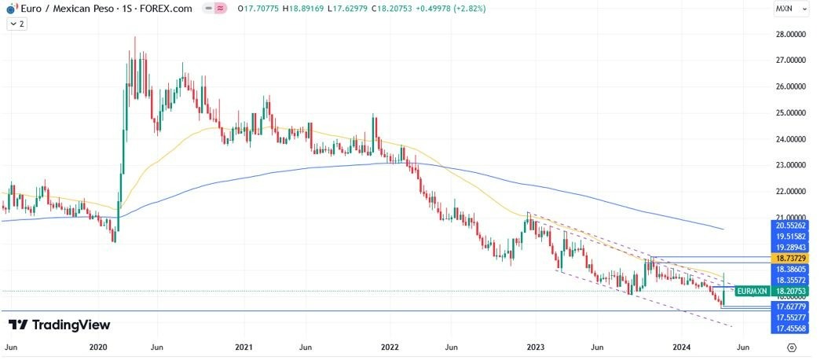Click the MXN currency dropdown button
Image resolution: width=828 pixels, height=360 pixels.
pyautogui.click(x=788, y=9)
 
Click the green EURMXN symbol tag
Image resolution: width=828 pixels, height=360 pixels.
pyautogui.click(x=746, y=291)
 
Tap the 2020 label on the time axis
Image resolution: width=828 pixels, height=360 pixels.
pyautogui.click(x=98, y=347)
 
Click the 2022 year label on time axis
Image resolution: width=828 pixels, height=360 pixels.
pyautogui.click(x=390, y=347)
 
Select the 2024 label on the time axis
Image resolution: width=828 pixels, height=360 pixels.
pyautogui.click(x=681, y=347)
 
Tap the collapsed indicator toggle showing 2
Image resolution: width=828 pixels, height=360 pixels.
pyautogui.click(x=18, y=24)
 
